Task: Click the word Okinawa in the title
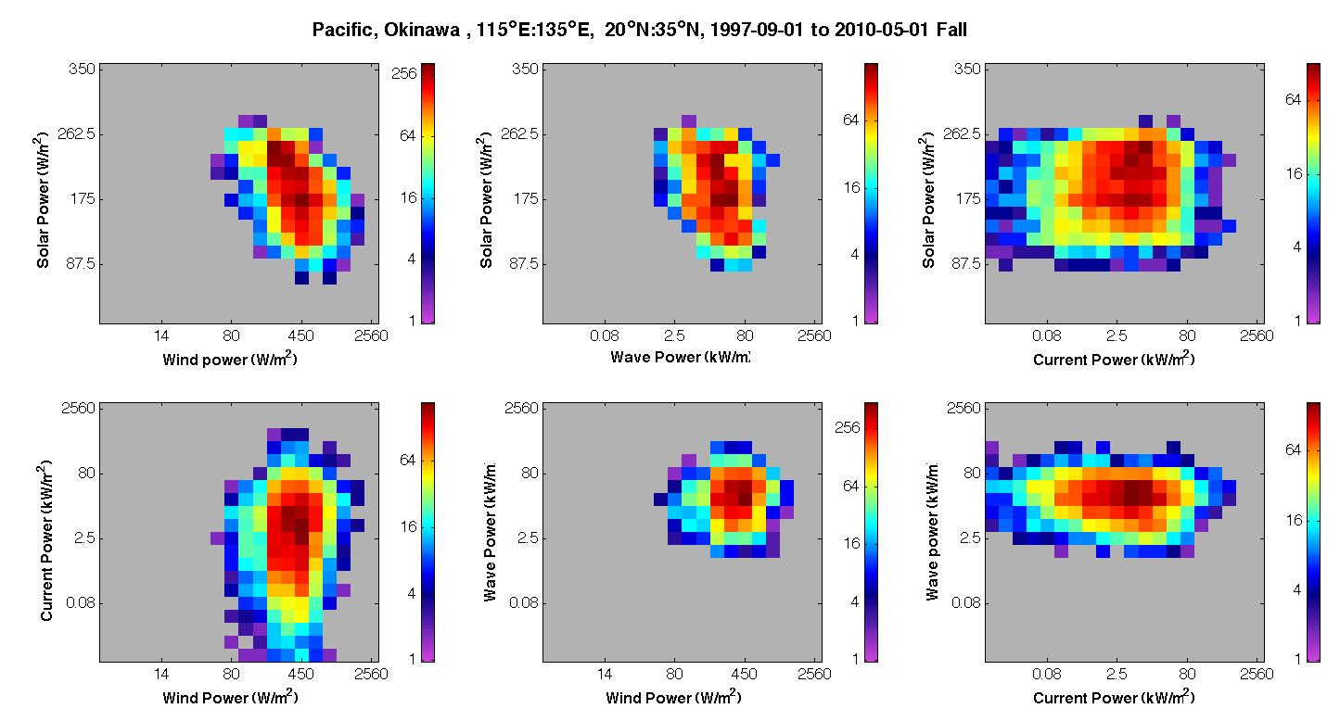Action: (421, 30)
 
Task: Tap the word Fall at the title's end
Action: (951, 30)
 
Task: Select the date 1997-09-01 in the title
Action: (756, 30)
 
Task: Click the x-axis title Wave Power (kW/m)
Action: (680, 357)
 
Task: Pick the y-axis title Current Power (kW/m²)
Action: (46, 540)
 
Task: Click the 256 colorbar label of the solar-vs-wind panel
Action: (403, 73)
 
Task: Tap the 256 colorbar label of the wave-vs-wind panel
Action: (847, 427)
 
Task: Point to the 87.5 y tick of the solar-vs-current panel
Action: (965, 263)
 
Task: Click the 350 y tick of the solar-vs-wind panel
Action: (82, 70)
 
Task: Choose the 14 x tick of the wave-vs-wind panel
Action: (605, 675)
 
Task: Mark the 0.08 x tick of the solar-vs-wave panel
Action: (605, 336)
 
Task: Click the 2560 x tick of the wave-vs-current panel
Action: (1257, 675)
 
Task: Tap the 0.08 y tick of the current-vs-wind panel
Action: (81, 602)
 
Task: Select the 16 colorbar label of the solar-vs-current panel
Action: (1294, 174)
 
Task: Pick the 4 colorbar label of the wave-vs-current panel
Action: (1297, 590)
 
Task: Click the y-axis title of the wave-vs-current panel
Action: (931, 531)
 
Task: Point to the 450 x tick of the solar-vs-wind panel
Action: (300, 336)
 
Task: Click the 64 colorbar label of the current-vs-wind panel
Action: (407, 460)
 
